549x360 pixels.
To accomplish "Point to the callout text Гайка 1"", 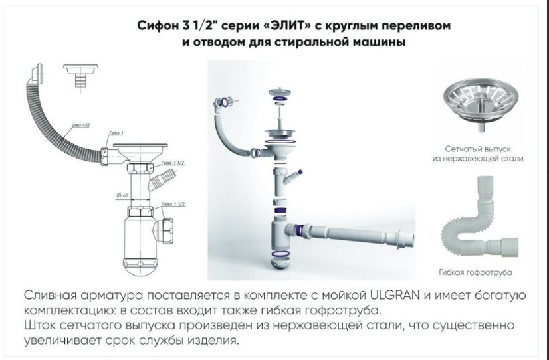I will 108,132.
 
